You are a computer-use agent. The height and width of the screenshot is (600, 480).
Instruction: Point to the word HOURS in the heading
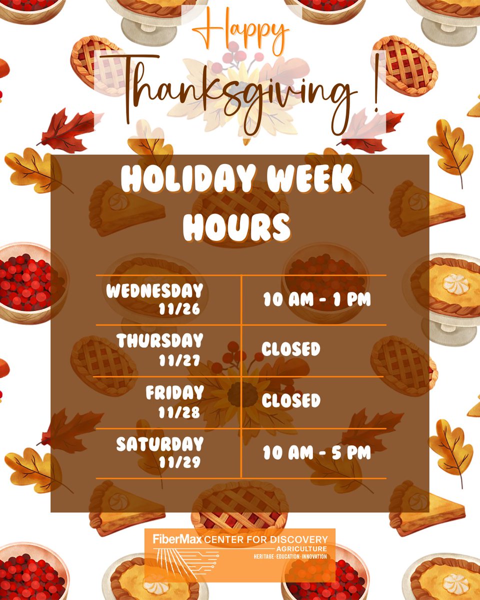tap(236, 227)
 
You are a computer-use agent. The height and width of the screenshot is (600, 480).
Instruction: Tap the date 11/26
tap(179, 309)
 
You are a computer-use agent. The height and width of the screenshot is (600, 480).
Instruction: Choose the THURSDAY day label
tap(160, 341)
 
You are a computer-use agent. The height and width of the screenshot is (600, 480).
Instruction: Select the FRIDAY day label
tap(174, 393)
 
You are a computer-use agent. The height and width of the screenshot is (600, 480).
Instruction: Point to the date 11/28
tap(179, 412)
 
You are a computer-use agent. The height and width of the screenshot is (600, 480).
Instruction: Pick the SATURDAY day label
tap(160, 444)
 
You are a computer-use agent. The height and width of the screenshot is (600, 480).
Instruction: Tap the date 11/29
tap(179, 462)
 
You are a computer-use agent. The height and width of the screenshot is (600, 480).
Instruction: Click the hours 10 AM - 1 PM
tap(317, 300)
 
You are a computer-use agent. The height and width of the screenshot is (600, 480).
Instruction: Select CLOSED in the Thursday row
tap(291, 349)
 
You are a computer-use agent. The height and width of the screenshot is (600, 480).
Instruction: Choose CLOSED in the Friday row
tap(291, 400)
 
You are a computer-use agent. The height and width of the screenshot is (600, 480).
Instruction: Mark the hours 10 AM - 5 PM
tap(317, 453)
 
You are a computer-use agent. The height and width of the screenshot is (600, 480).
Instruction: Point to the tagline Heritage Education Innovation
tap(290, 556)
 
